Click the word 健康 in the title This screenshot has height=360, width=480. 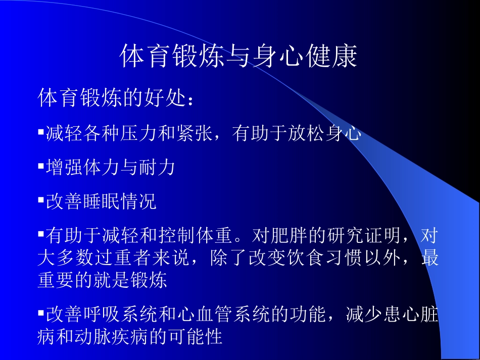click(330, 57)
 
